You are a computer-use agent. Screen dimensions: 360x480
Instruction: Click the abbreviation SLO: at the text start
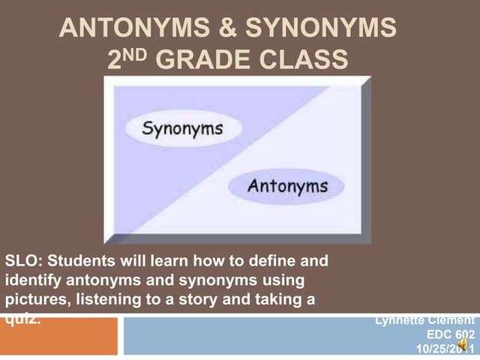pyautogui.click(x=23, y=262)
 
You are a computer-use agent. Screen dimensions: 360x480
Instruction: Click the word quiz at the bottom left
pyautogui.click(x=20, y=317)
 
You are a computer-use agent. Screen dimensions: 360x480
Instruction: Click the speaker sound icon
pyautogui.click(x=463, y=345)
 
